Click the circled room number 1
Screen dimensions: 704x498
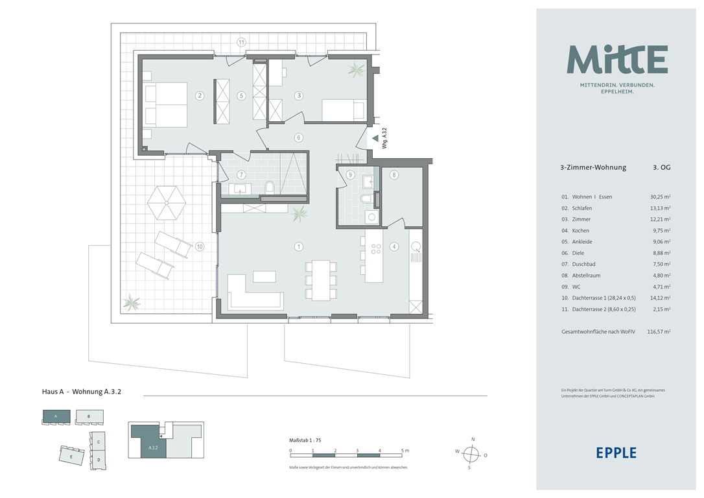[x=299, y=246]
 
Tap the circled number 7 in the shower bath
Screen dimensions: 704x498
[x=242, y=174]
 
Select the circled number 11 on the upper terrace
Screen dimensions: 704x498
[x=242, y=42]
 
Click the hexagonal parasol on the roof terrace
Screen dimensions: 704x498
[x=167, y=202]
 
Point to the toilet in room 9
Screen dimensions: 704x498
[x=366, y=199]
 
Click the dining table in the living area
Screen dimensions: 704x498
[x=321, y=280]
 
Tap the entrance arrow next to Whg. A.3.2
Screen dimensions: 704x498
[x=375, y=139]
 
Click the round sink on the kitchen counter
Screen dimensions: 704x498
[x=416, y=246]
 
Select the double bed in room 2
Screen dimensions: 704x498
[x=166, y=104]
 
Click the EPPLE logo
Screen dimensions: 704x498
[x=616, y=453]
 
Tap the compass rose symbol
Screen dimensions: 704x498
[x=471, y=455]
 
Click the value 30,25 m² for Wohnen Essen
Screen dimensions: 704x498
[x=660, y=196]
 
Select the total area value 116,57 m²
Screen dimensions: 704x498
[x=659, y=332]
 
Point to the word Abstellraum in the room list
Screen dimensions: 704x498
[x=586, y=276]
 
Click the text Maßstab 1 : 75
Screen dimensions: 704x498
[x=305, y=440]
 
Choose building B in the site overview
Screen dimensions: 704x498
[x=89, y=417]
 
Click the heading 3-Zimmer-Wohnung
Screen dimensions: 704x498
[x=593, y=167]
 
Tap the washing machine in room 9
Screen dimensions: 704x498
[x=371, y=217]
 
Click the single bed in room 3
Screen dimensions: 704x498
[x=343, y=110]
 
